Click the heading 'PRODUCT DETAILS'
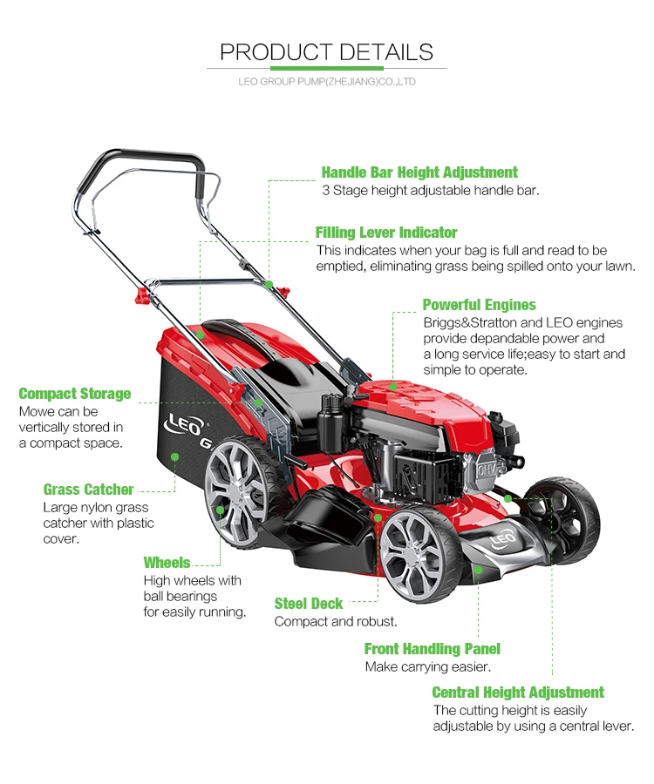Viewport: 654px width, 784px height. [326, 51]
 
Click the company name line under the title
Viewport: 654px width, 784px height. [326, 82]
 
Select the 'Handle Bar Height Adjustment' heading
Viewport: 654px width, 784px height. [419, 172]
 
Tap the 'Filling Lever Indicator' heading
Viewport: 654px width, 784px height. [386, 233]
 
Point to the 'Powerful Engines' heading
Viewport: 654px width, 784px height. [479, 305]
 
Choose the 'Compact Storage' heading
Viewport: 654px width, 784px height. [75, 394]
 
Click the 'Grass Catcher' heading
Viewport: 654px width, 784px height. [89, 490]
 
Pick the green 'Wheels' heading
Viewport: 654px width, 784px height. [167, 563]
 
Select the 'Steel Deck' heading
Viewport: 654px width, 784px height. [309, 604]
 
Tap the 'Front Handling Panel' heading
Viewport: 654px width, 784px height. [432, 649]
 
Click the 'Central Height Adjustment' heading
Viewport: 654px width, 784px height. [518, 693]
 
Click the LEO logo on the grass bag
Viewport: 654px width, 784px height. [179, 426]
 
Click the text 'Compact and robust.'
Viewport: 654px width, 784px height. [336, 622]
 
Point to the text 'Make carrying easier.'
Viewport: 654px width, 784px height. [427, 667]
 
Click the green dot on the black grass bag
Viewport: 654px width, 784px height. [174, 456]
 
